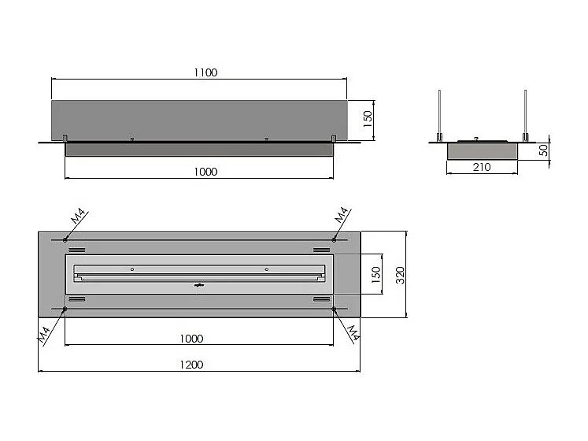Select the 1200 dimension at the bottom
click(x=191, y=365)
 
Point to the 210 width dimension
click(x=482, y=167)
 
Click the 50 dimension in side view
click(x=543, y=150)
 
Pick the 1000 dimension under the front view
click(x=204, y=171)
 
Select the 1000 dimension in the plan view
click(x=191, y=339)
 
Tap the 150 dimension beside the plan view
click(x=376, y=274)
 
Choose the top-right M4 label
click(x=341, y=215)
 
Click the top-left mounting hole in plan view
click(x=65, y=239)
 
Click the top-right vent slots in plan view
click(x=320, y=249)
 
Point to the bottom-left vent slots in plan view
click(x=76, y=300)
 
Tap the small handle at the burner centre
click(x=198, y=285)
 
